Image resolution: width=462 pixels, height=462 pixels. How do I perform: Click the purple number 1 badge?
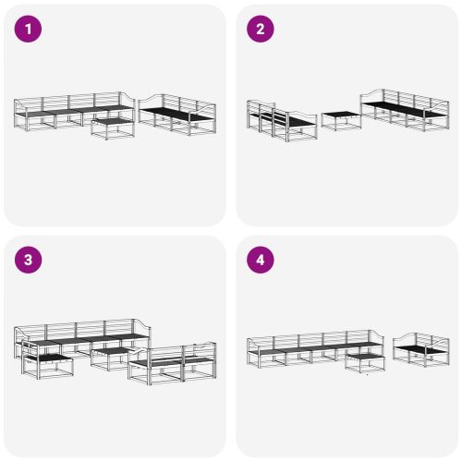click(x=30, y=30)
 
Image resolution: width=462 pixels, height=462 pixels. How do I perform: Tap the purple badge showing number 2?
click(x=260, y=30)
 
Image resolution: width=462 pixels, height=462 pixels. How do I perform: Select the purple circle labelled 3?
click(x=30, y=260)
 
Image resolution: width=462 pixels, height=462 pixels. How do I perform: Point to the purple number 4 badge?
click(x=260, y=260)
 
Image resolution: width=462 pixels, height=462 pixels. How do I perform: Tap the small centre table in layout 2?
click(x=339, y=120)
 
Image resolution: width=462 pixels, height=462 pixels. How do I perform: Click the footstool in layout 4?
click(x=364, y=361)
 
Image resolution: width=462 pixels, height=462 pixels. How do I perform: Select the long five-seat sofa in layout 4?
click(x=314, y=349)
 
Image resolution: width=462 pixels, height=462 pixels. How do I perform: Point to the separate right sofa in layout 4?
click(x=422, y=349)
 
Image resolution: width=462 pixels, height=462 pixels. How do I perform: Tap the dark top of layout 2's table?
click(x=339, y=115)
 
